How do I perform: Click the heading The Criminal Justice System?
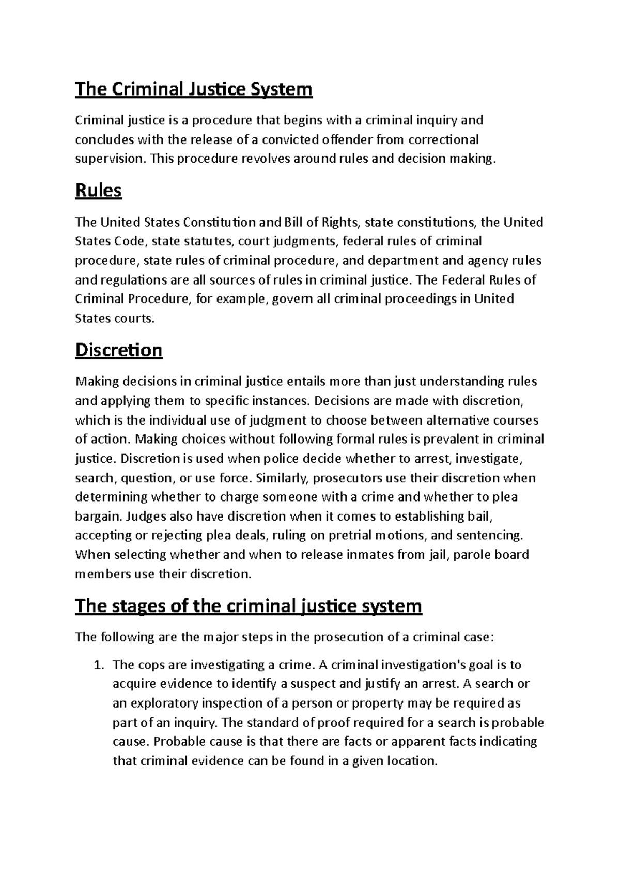[194, 89]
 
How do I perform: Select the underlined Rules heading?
[98, 191]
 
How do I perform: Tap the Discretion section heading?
[119, 350]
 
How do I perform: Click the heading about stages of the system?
[249, 605]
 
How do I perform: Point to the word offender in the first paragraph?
[344, 139]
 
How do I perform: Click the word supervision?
[107, 159]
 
